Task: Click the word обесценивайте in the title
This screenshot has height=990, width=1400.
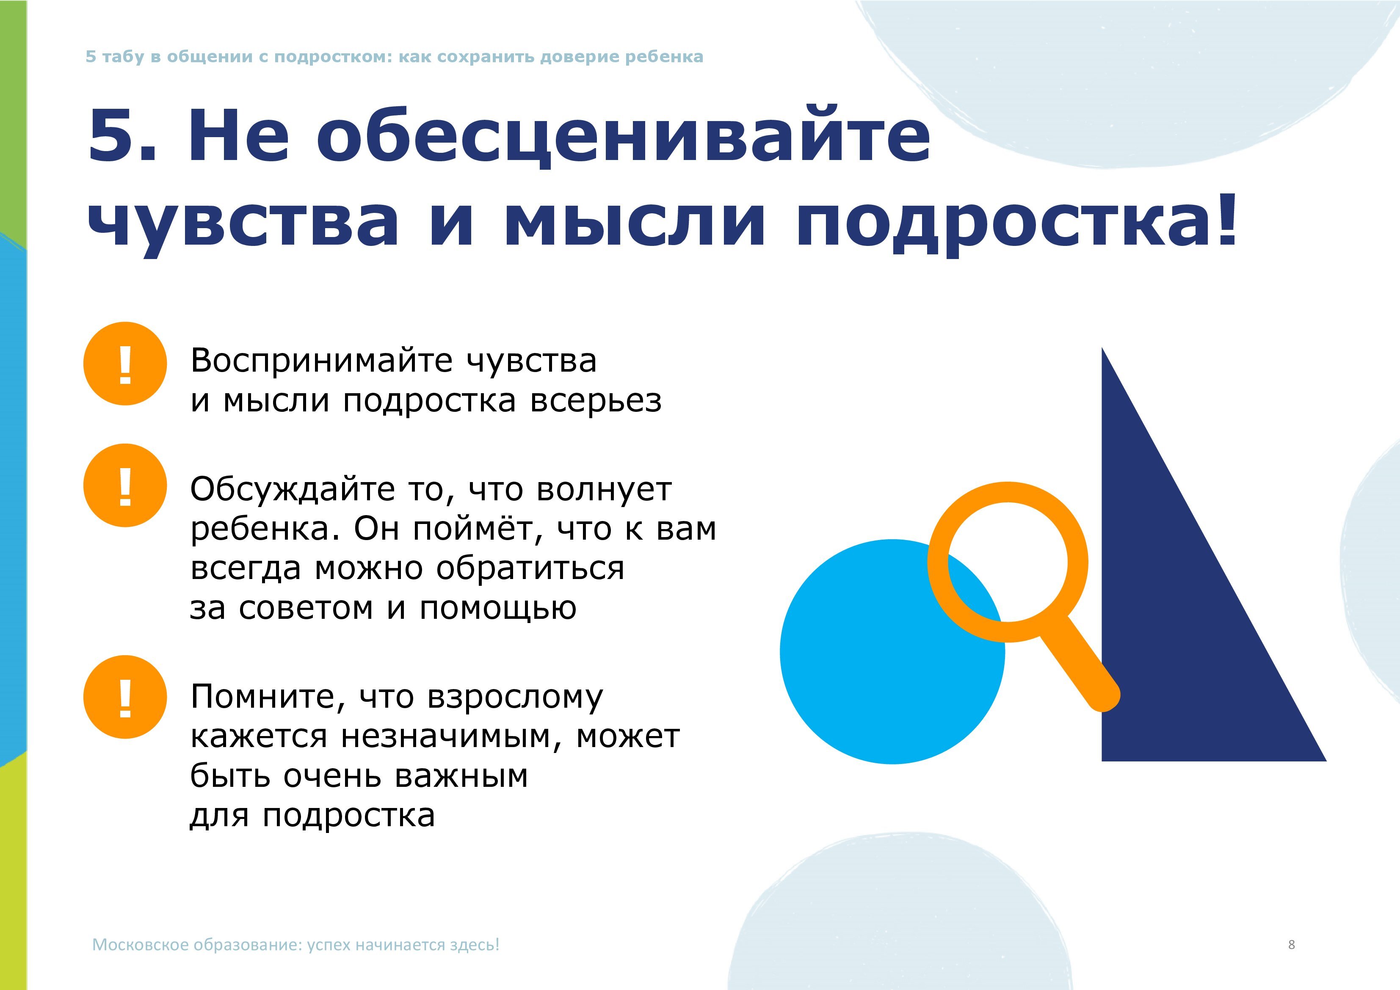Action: tap(623, 135)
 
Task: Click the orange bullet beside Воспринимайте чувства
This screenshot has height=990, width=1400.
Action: tap(125, 363)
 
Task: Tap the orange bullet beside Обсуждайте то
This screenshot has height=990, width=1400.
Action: tap(125, 485)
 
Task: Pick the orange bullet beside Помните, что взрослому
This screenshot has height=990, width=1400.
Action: tap(125, 697)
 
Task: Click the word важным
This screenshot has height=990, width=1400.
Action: tap(461, 776)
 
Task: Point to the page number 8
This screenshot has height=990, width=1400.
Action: tap(1292, 944)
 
